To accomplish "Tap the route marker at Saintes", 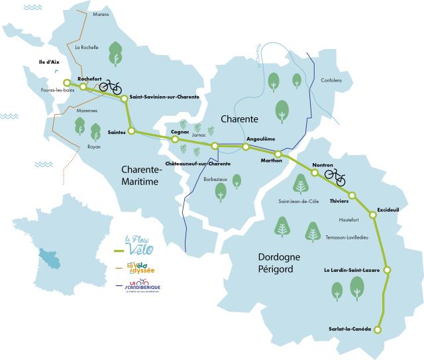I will [x=131, y=131].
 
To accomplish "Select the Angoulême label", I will [x=260, y=139].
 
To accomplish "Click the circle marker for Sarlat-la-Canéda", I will [x=378, y=330].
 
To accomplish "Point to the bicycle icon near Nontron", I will [x=335, y=176].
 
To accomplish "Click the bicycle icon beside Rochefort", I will [x=110, y=87].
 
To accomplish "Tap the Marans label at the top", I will [x=83, y=13].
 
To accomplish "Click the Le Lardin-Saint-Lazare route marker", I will [x=387, y=270].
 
